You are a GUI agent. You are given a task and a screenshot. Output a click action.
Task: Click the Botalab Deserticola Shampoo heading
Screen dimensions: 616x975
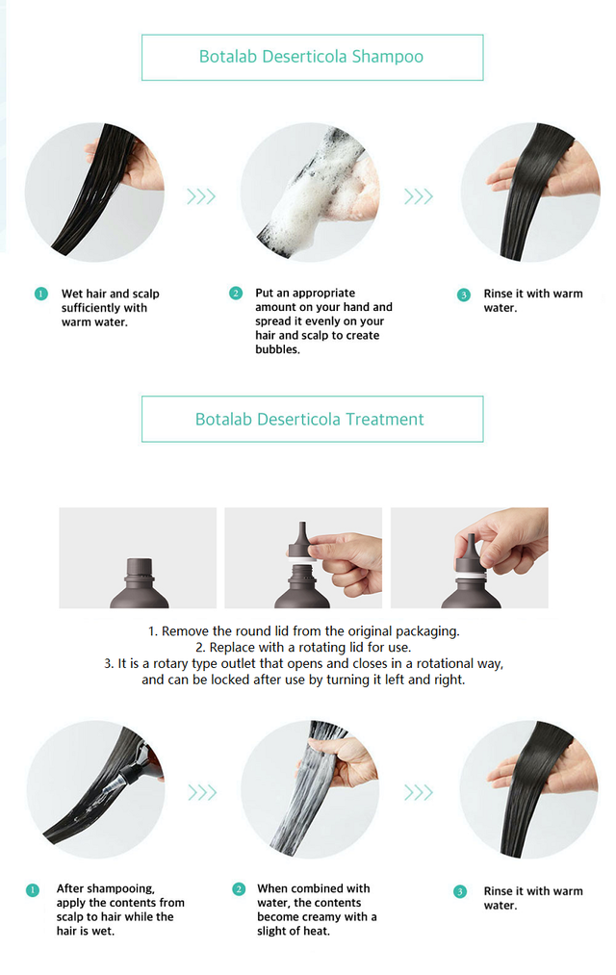point(311,57)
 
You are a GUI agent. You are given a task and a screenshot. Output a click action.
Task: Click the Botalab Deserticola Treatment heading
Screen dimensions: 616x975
point(310,419)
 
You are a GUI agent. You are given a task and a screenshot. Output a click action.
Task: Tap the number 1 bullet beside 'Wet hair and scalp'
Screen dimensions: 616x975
point(41,294)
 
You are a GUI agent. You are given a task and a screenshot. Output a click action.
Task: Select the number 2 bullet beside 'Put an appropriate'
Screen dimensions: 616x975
point(236,293)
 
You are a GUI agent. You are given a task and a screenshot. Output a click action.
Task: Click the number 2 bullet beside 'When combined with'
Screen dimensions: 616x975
point(239,888)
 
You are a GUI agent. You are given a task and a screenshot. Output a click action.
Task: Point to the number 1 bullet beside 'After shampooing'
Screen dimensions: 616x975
point(33,889)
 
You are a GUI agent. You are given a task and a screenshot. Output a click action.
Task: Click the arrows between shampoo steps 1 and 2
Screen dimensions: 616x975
point(201,196)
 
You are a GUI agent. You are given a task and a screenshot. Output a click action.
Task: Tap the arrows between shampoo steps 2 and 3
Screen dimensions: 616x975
point(419,196)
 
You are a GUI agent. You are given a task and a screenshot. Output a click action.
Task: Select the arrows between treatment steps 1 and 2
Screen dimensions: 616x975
point(202,792)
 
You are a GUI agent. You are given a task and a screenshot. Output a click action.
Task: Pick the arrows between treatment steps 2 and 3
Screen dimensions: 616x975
point(419,792)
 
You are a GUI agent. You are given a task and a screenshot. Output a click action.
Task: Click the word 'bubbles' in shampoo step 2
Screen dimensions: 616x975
point(276,349)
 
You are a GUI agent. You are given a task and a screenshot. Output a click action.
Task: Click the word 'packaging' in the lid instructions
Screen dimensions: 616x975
point(427,631)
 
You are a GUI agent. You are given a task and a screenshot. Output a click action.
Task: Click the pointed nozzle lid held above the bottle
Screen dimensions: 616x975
point(302,540)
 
